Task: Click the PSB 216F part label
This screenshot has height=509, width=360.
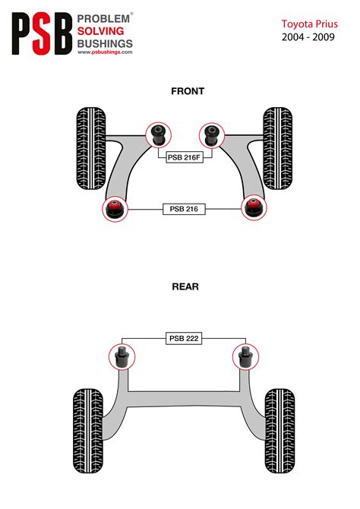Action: tap(185, 157)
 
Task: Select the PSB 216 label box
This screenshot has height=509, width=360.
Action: tap(184, 209)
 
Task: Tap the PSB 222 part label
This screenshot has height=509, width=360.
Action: tap(184, 338)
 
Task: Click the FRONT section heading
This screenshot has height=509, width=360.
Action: tap(188, 91)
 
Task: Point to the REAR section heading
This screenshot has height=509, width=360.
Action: tap(185, 286)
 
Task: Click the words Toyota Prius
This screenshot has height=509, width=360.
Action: tap(309, 24)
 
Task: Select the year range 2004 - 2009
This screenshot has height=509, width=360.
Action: tap(308, 37)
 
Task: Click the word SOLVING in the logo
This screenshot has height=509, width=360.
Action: tap(100, 31)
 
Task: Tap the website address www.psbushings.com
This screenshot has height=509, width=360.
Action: tap(105, 52)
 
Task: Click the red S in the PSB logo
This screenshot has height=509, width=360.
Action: tap(42, 33)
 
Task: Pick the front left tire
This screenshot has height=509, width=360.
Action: tap(91, 148)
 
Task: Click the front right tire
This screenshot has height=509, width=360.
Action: tap(277, 148)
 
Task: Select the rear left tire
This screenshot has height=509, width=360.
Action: tap(88, 431)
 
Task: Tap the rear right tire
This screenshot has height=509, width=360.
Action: tap(279, 431)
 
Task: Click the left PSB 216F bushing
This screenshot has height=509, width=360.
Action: tap(159, 134)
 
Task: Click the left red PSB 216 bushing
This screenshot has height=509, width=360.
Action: tap(115, 209)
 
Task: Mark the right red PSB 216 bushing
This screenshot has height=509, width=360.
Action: tap(254, 207)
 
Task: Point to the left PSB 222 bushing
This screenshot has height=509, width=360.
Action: tap(122, 356)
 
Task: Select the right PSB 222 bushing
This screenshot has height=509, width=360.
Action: tap(245, 356)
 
